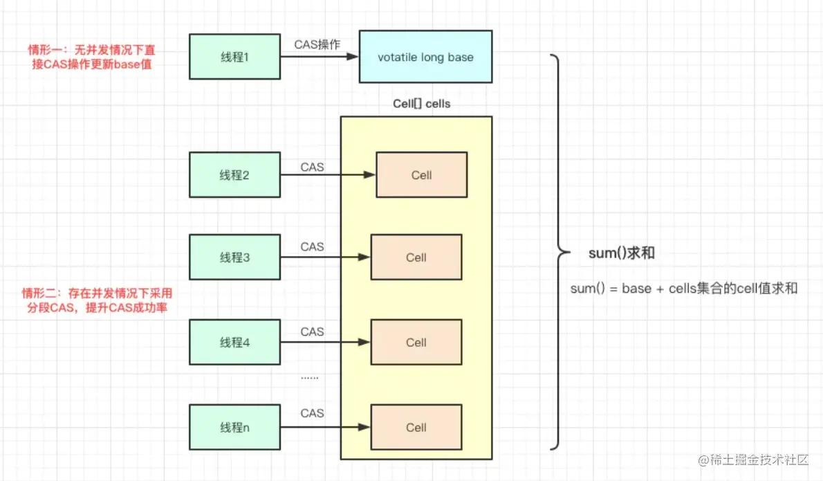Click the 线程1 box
(234, 57)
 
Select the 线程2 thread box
(234, 175)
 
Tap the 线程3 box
(234, 257)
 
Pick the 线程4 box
(234, 342)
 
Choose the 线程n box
(234, 428)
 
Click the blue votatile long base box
(425, 57)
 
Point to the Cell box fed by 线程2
(421, 175)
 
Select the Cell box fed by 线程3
(416, 257)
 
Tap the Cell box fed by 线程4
(416, 342)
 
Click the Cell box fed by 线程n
(416, 428)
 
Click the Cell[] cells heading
(421, 104)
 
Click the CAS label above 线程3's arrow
(312, 246)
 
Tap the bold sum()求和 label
(622, 253)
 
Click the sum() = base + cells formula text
(684, 288)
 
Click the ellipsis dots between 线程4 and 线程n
(310, 376)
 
